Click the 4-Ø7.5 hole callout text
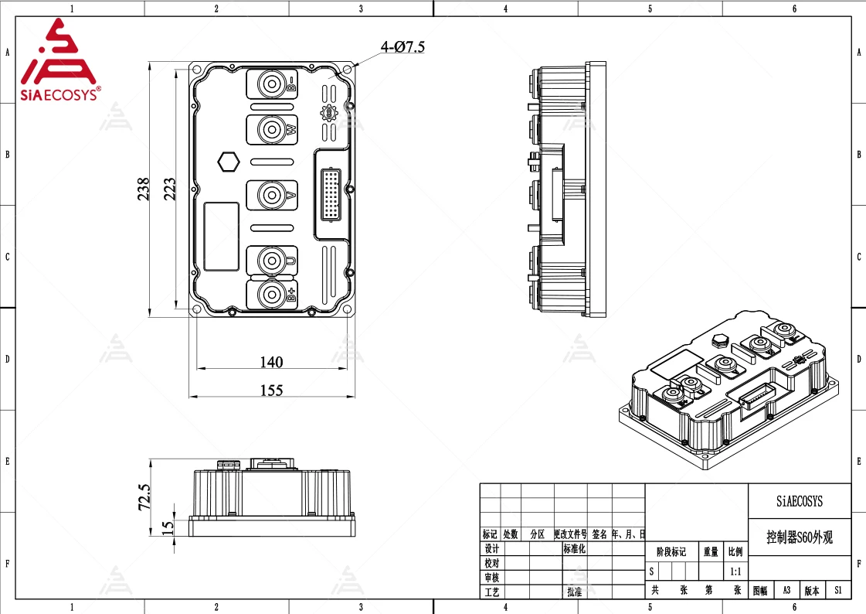coord(402,47)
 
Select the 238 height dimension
coord(144,189)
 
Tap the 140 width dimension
coord(271,362)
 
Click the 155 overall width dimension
coord(271,391)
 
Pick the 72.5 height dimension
coord(144,498)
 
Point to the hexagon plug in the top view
coord(229,162)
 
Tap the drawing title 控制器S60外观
coord(800,537)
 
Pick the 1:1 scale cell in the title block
coord(736,572)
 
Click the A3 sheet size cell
coord(786,590)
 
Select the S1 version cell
coord(837,590)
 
